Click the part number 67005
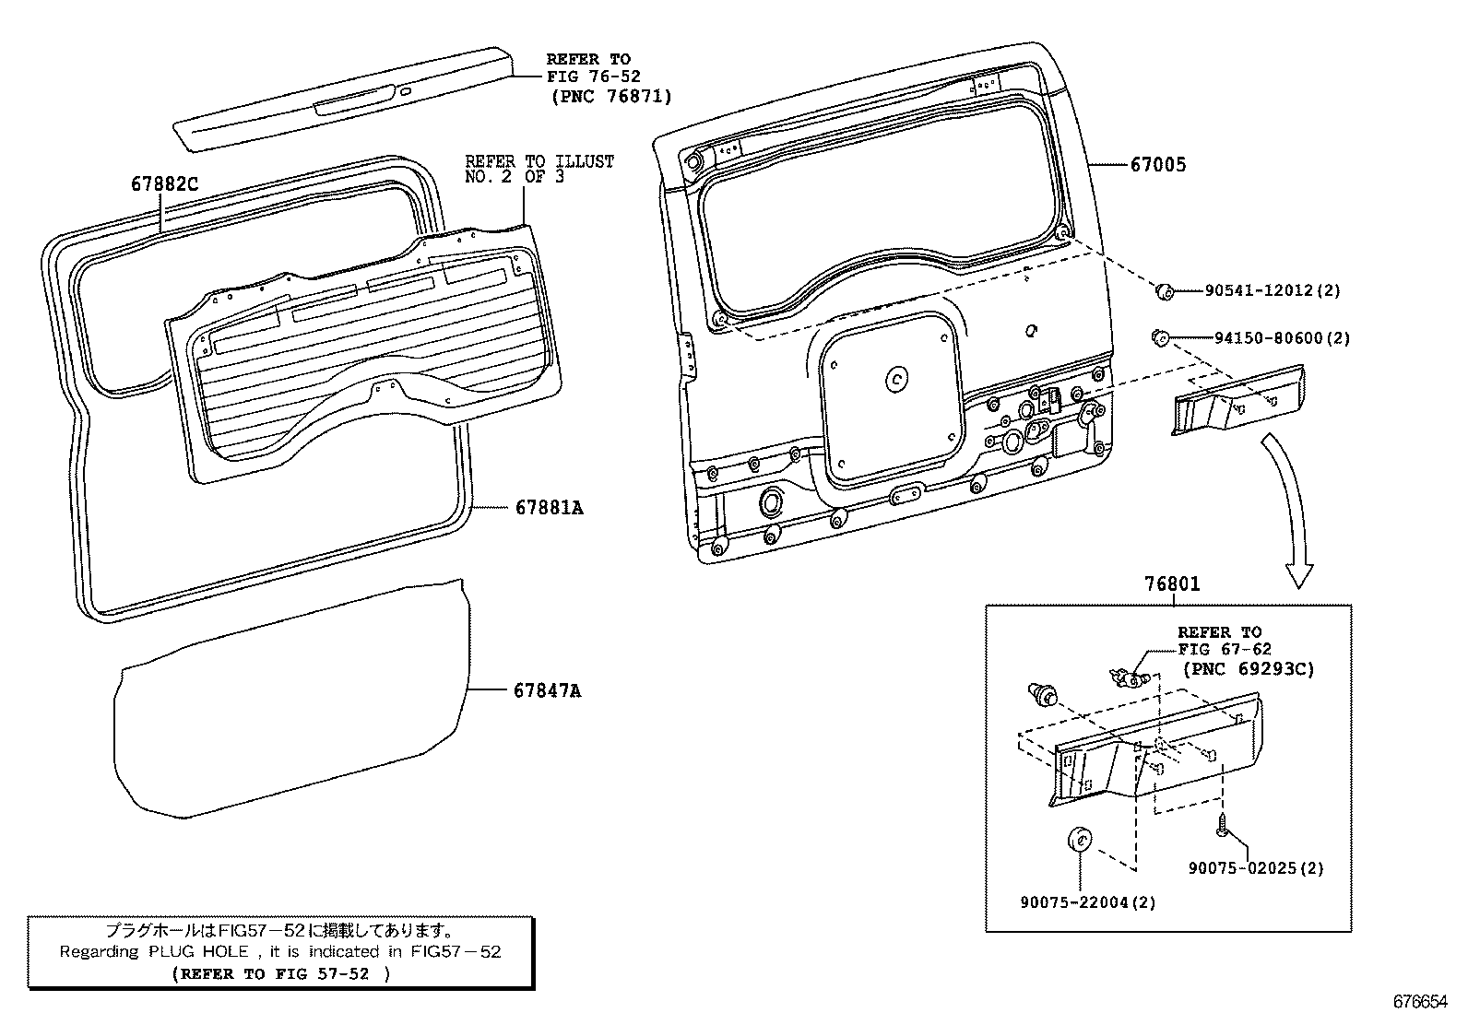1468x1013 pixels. pyautogui.click(x=1158, y=165)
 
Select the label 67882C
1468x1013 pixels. pyautogui.click(x=164, y=184)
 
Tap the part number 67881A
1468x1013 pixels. pyautogui.click(x=549, y=508)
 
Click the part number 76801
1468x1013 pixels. pyautogui.click(x=1172, y=584)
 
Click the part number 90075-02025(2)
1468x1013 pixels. pyautogui.click(x=1255, y=868)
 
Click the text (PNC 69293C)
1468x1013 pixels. pyautogui.click(x=1249, y=668)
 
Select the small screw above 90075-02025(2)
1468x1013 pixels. pyautogui.click(x=1223, y=823)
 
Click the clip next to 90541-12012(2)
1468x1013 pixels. pyautogui.click(x=1165, y=291)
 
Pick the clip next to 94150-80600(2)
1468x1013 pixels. pyautogui.click(x=1160, y=336)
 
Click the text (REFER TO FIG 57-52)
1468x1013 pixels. pyautogui.click(x=281, y=973)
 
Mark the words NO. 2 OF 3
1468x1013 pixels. pyautogui.click(x=514, y=177)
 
